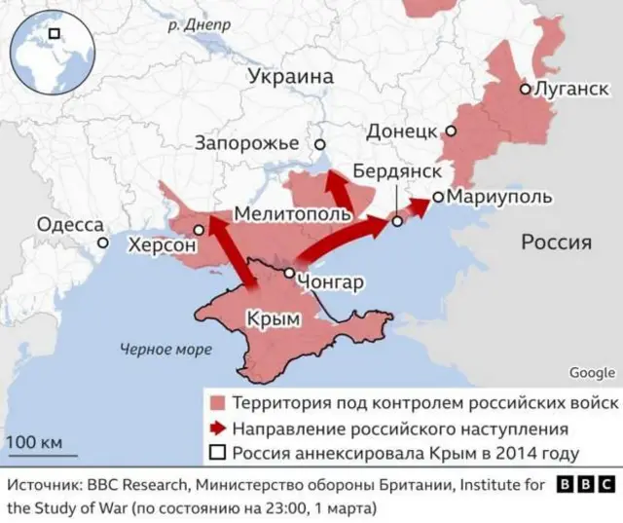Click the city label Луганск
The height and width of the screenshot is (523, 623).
pyautogui.click(x=568, y=89)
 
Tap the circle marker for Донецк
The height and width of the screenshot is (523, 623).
pyautogui.click(x=452, y=130)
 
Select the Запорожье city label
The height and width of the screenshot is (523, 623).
pyautogui.click(x=246, y=143)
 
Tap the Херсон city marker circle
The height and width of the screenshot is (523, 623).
pyautogui.click(x=199, y=230)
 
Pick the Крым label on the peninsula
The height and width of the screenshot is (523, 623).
pyautogui.click(x=272, y=318)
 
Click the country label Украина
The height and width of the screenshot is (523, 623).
pyautogui.click(x=290, y=77)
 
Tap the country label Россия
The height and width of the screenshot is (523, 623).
pyautogui.click(x=556, y=243)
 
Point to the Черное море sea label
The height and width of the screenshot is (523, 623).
pyautogui.click(x=159, y=349)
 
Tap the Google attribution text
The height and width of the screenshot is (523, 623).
pyautogui.click(x=592, y=372)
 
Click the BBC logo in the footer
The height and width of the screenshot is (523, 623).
pyautogui.click(x=585, y=484)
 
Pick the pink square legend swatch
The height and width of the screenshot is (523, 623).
pyautogui.click(x=216, y=403)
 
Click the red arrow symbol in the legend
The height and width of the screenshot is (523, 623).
pyautogui.click(x=216, y=429)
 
